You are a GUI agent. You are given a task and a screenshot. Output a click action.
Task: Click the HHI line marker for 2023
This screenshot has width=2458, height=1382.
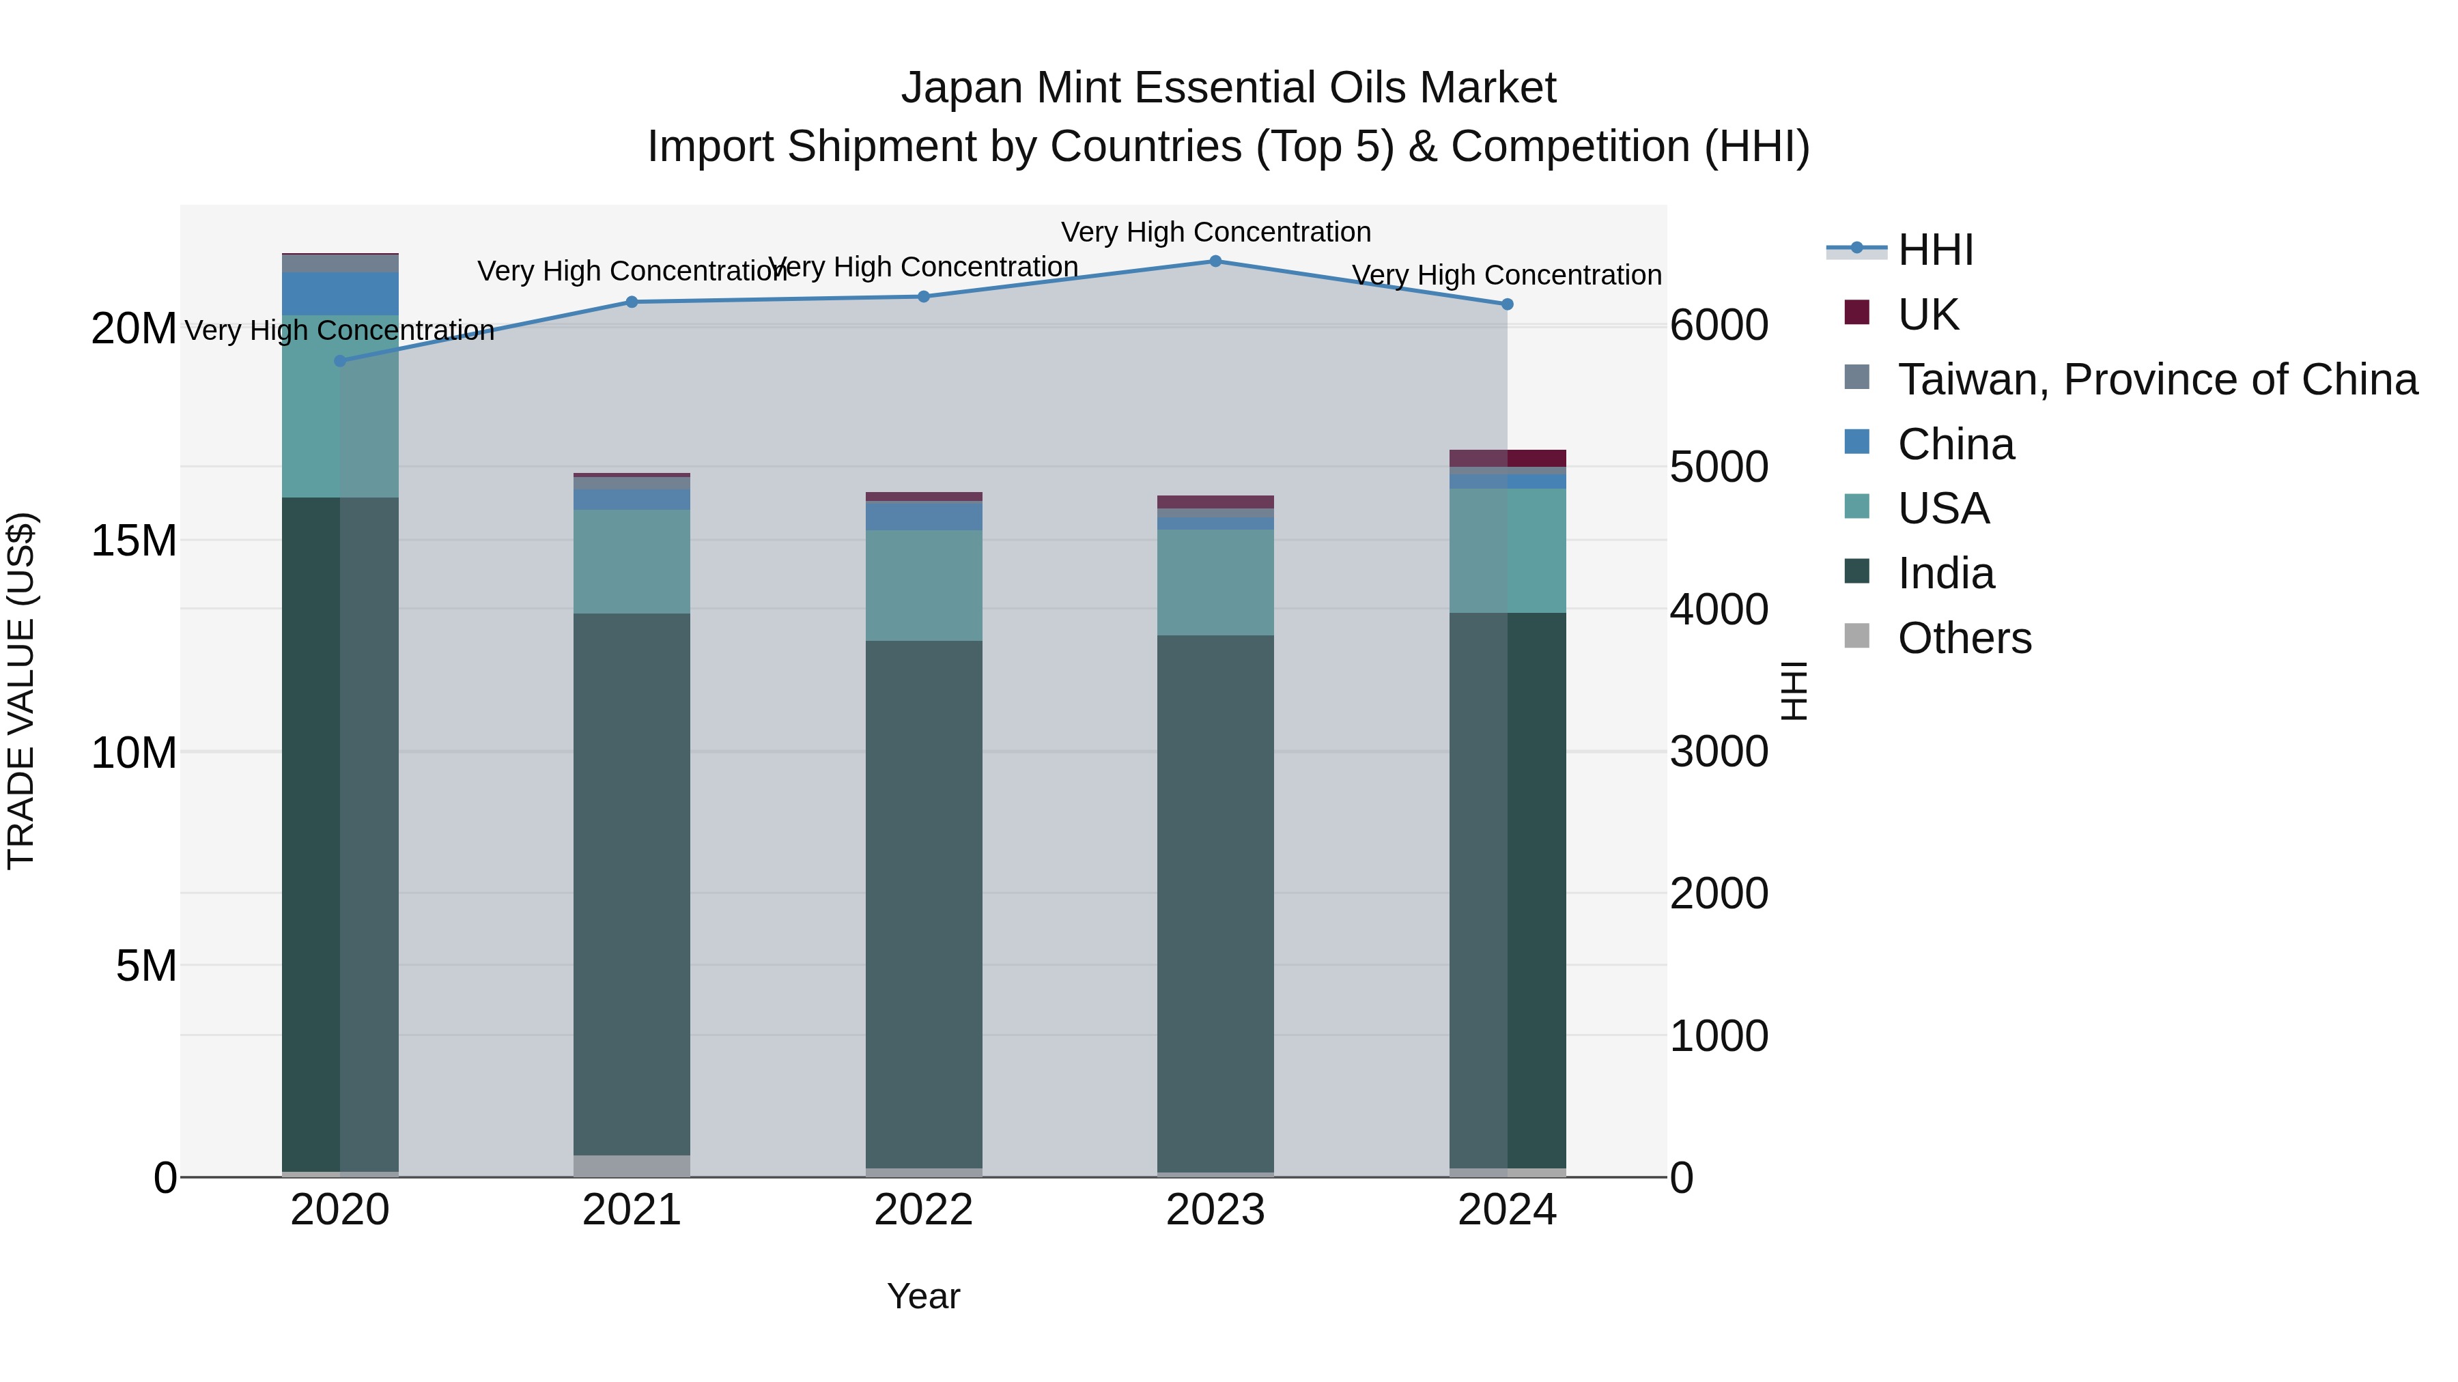1215,261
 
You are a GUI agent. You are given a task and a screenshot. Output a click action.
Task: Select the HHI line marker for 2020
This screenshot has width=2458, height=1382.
340,360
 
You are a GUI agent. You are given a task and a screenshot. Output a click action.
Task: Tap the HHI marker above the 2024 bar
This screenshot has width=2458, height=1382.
1507,304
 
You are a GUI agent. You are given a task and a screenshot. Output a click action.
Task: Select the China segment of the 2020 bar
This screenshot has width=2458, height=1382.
340,293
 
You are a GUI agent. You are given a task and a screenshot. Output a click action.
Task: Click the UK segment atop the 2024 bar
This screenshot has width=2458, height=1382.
1507,458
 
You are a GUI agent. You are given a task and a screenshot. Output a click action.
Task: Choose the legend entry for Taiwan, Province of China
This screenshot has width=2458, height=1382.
2156,379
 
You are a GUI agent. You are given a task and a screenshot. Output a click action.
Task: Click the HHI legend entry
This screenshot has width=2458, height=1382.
1935,250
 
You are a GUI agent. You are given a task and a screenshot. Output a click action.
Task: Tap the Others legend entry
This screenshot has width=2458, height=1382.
1964,638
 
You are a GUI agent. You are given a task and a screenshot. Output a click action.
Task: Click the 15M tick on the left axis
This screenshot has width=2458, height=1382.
134,541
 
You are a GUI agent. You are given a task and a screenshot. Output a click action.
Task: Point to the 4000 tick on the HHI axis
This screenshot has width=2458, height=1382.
1719,609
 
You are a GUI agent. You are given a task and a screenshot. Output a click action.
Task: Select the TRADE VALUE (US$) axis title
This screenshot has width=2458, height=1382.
21,691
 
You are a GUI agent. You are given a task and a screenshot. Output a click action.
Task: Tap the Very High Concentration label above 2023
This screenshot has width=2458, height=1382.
1215,232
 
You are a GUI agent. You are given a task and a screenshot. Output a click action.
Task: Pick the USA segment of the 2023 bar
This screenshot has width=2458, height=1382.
1215,581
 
